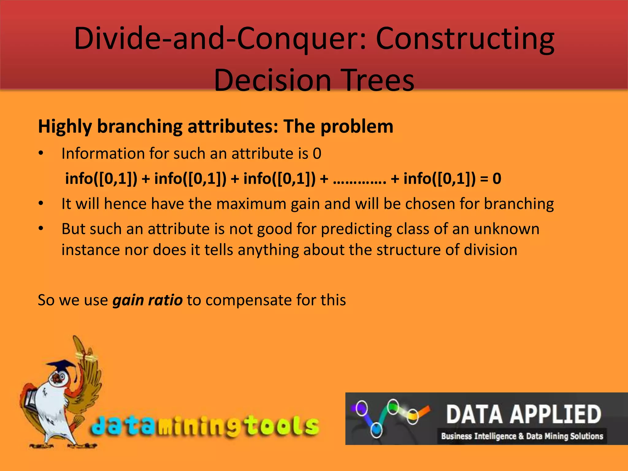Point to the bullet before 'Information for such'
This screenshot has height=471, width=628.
pyautogui.click(x=41, y=153)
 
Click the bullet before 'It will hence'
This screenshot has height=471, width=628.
pyautogui.click(x=41, y=204)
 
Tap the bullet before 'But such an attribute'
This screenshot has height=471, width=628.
pyautogui.click(x=41, y=229)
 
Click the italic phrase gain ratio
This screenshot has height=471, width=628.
pyautogui.click(x=147, y=300)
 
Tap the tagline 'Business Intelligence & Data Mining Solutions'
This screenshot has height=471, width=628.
pyautogui.click(x=522, y=436)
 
